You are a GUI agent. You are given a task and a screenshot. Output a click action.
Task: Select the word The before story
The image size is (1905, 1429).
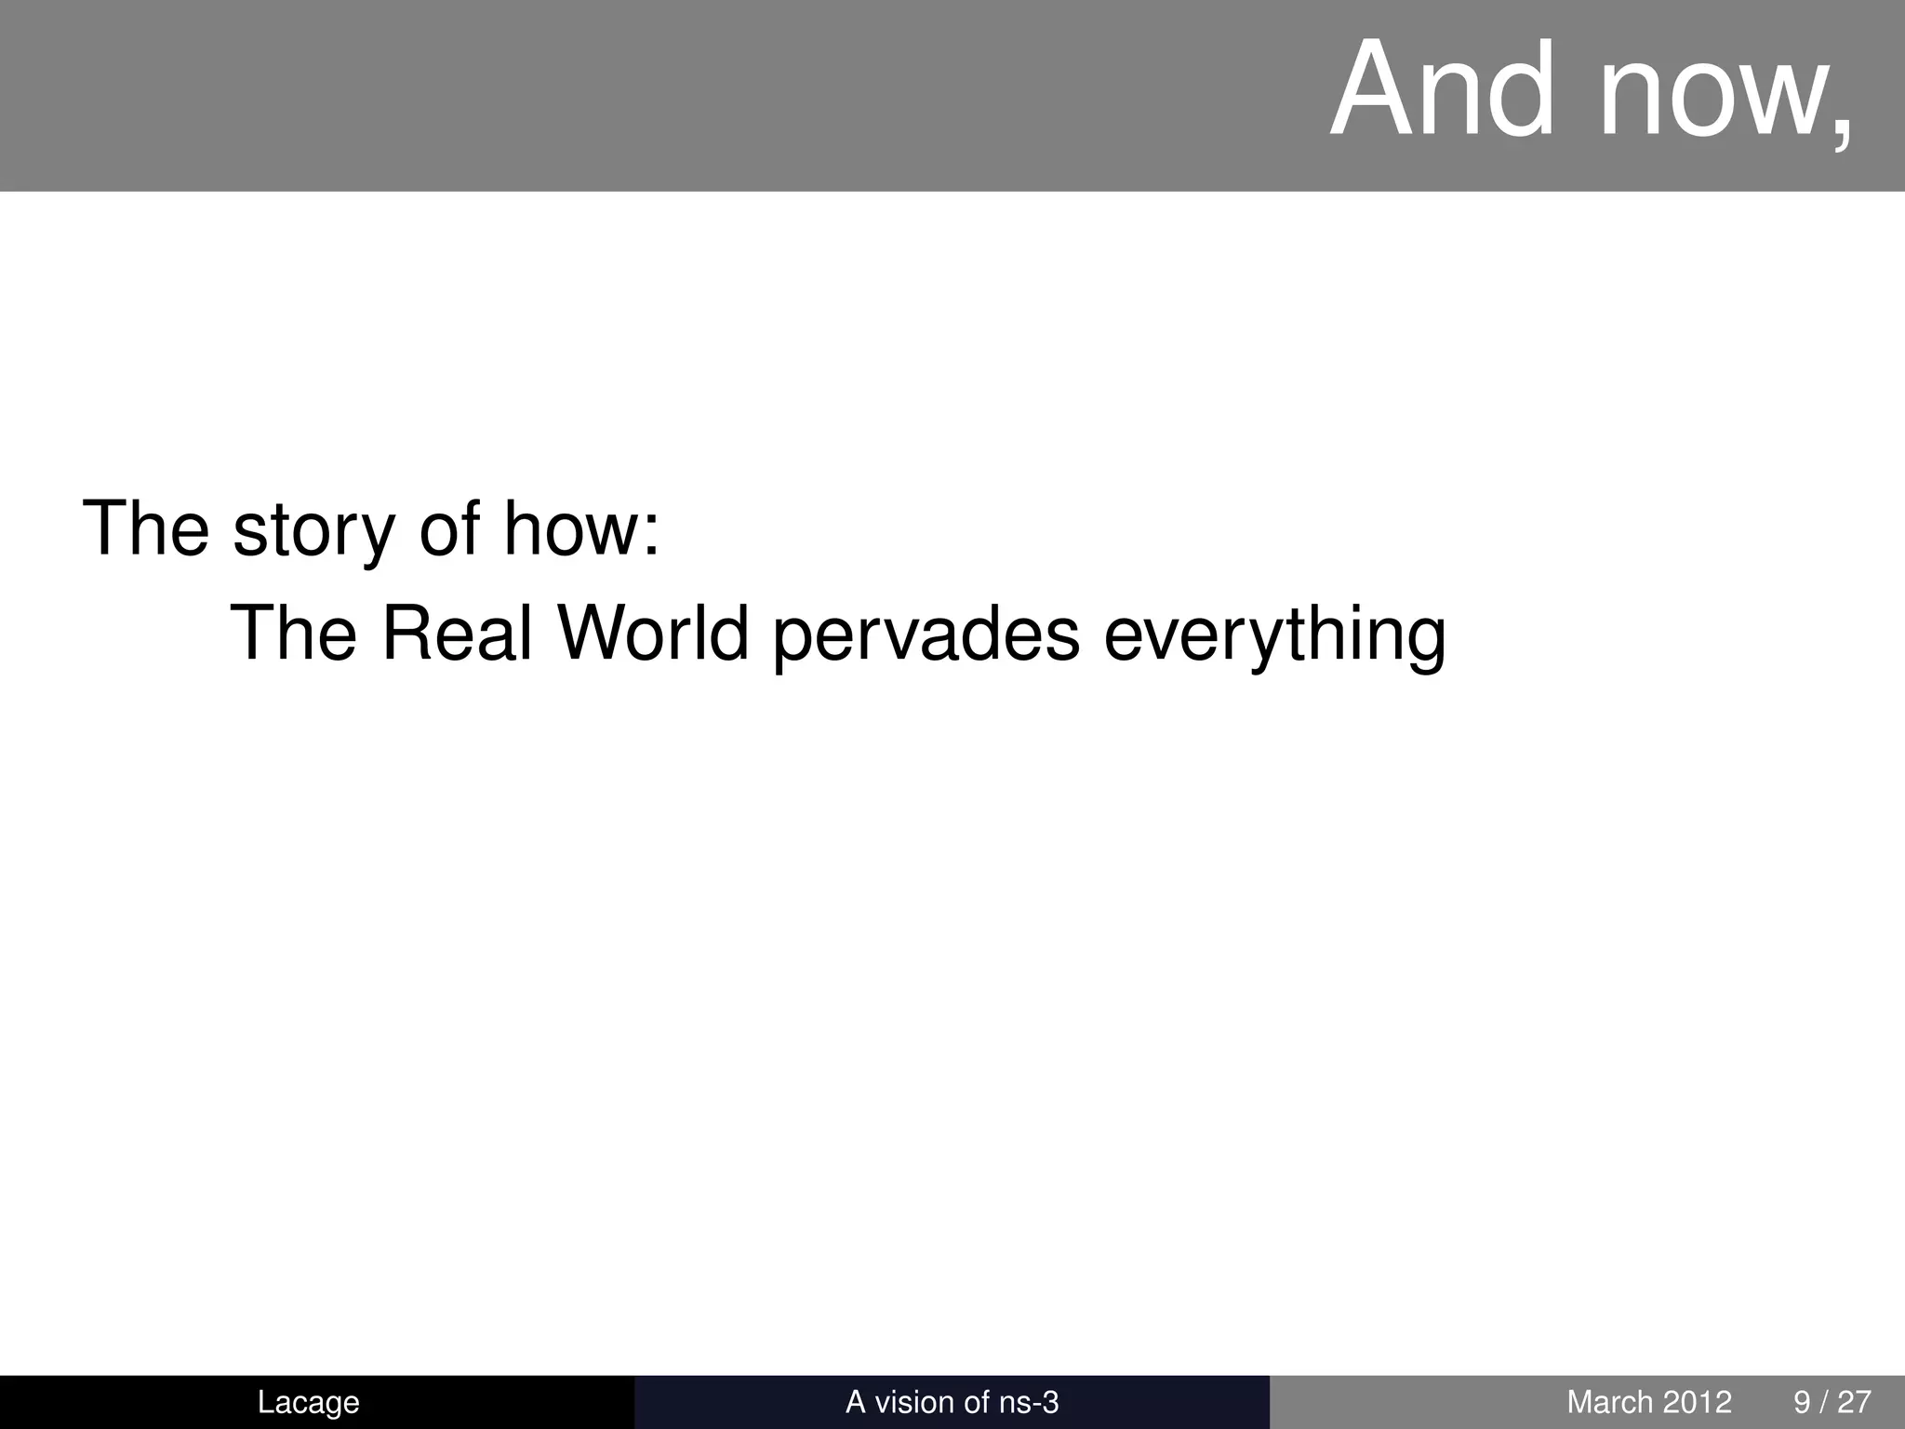click(x=146, y=528)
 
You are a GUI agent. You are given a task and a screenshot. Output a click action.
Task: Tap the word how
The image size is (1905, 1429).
click(x=568, y=528)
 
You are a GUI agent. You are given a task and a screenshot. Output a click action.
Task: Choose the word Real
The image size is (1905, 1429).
click(x=458, y=634)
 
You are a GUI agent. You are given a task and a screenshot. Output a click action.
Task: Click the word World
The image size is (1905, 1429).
click(x=653, y=634)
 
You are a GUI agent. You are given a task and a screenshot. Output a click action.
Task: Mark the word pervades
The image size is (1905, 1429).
click(x=926, y=636)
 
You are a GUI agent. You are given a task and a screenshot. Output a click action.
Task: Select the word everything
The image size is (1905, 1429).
click(x=1274, y=636)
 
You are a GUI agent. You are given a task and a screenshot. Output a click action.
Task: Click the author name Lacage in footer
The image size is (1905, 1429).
click(x=308, y=1402)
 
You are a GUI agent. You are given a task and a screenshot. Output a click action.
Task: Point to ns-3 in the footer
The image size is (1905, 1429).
click(x=1028, y=1402)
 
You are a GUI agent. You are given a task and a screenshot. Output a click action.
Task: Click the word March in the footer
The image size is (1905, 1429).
click(x=1610, y=1402)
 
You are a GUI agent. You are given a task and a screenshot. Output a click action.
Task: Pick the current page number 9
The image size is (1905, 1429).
click(x=1802, y=1402)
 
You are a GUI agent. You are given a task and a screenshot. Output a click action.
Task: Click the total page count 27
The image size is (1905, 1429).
click(x=1855, y=1402)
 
